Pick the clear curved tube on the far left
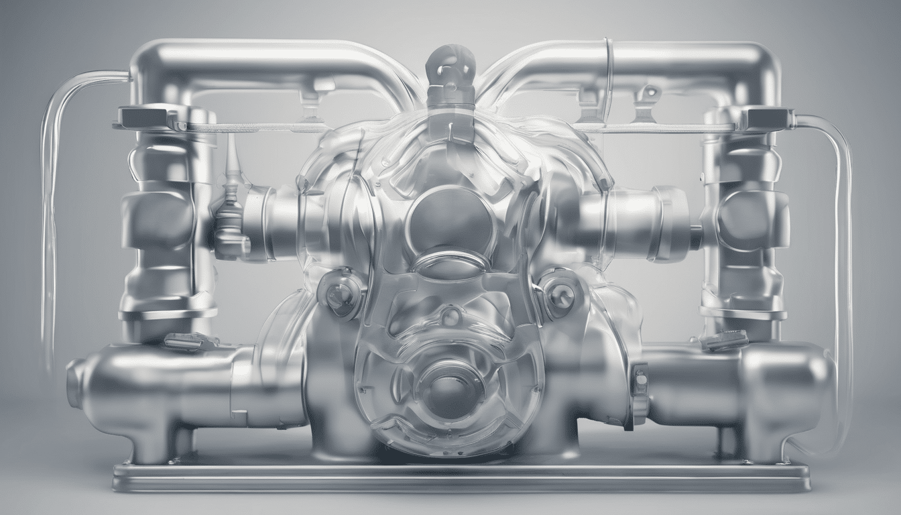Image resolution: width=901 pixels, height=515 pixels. point(48,201)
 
